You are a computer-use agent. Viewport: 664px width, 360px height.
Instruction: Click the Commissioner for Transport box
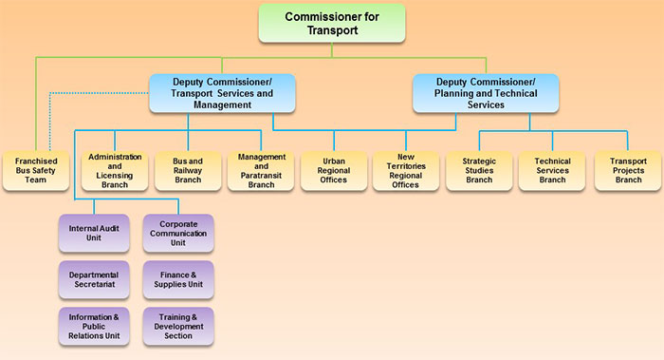pos(331,23)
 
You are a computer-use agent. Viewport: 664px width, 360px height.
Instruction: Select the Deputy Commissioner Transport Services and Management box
pos(222,93)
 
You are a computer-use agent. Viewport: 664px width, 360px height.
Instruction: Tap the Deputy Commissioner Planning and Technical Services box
pos(485,93)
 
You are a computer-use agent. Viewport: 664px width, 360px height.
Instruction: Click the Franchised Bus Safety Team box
pos(35,170)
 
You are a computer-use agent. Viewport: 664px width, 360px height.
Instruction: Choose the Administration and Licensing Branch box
pos(115,170)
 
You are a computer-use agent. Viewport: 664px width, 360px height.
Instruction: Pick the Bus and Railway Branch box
pos(188,170)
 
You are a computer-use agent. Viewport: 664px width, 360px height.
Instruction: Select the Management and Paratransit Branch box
pos(261,170)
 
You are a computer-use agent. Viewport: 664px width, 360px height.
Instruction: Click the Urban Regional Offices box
pos(334,170)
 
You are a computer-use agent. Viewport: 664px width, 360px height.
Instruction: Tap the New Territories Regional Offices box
pos(406,170)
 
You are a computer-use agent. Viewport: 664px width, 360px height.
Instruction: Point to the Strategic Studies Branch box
pos(479,170)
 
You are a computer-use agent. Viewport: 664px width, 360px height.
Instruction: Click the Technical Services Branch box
pos(552,170)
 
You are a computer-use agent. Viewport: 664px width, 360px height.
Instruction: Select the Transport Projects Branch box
pos(625,170)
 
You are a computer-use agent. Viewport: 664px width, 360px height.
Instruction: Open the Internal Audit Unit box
pos(93,234)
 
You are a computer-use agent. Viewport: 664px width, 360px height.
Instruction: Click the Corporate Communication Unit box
pos(178,234)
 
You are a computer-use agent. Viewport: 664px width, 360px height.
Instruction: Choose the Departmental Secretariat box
pos(93,279)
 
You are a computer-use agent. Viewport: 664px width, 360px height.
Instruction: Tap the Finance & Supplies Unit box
pos(178,279)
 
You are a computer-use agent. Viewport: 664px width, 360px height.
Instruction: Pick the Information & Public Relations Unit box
pos(93,326)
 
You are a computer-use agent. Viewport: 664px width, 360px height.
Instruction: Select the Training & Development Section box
pos(178,326)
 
